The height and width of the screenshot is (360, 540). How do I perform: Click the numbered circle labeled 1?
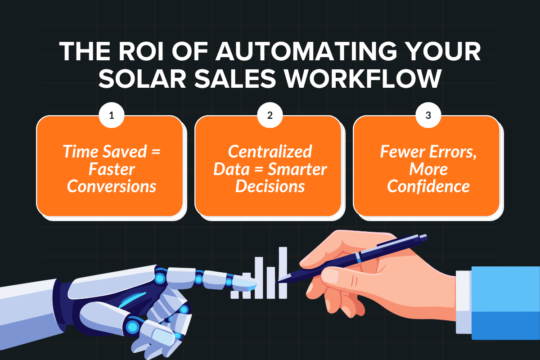coord(112,116)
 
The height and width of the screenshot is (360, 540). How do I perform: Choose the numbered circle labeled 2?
coord(270,116)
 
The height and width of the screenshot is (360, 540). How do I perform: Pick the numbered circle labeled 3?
coord(428,116)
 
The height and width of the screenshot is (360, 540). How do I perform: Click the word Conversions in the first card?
coord(112,185)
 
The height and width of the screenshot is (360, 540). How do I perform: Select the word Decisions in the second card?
coord(270,185)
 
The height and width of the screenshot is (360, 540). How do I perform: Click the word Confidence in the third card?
coord(428,185)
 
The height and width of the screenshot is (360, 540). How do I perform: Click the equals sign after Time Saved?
coord(154,152)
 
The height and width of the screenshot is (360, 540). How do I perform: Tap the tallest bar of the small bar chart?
coord(283,272)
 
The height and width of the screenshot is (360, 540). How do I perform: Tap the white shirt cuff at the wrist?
coord(463,301)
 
